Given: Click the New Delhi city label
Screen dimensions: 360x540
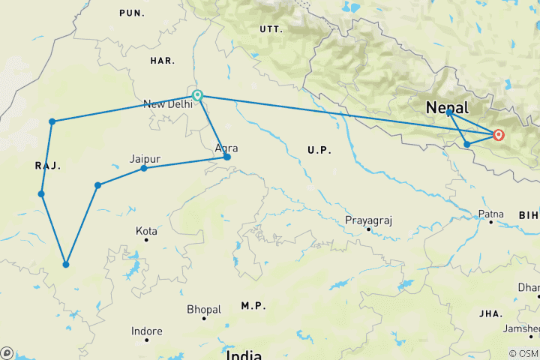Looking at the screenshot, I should pos(167,104).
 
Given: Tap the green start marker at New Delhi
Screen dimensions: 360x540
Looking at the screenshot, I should pos(197,95).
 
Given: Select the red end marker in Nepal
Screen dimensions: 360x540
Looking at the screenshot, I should pos(498,135).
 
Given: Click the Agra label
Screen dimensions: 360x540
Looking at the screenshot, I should pos(226,148).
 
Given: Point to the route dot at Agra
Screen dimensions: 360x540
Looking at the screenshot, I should pos(227,157).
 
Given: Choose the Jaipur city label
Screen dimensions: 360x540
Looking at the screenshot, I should pos(145,159).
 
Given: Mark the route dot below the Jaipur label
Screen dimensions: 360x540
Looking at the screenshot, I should pos(144,168).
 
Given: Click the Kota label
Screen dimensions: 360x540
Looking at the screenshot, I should pos(146,231).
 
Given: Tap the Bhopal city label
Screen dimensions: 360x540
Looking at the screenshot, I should pos(204,309).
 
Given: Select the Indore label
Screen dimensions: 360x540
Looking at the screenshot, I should pos(146,331).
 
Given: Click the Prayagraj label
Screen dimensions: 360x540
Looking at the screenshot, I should pos(369,220).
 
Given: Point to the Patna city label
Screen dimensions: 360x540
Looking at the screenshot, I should pos(491,214).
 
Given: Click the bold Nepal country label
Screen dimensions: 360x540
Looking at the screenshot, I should pos(447,107).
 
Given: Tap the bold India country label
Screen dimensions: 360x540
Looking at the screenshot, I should pos(244,354).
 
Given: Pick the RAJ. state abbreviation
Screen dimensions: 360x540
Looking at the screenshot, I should pos(47,166).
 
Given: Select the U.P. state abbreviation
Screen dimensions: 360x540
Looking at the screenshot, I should pos(318,151).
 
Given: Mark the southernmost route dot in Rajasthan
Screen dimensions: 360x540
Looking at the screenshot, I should pos(66,264).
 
